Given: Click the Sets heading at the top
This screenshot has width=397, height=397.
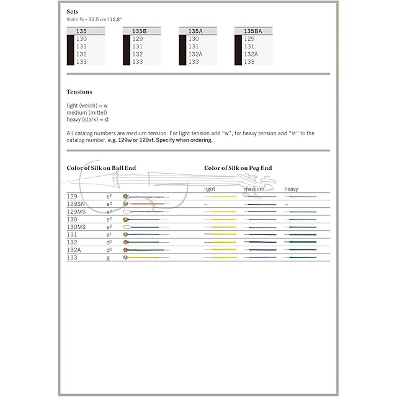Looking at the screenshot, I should [73, 12].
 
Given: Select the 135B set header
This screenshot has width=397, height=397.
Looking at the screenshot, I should [139, 30].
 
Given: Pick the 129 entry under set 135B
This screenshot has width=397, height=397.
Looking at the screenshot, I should [138, 38].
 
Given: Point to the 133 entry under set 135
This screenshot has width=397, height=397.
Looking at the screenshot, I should [81, 61].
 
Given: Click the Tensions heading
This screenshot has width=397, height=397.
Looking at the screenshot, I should [79, 92].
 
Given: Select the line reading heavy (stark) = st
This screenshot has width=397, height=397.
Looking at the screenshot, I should [87, 119].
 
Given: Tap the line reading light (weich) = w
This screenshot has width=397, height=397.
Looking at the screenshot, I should [87, 105].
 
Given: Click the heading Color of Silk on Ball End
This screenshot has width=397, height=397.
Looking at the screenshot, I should [101, 168].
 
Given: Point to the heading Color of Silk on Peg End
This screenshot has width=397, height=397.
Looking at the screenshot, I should [238, 168].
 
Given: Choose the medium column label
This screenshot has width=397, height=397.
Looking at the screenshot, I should [254, 189].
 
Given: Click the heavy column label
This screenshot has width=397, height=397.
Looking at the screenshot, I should [291, 189].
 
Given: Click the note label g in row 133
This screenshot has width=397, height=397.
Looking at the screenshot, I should [108, 257].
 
